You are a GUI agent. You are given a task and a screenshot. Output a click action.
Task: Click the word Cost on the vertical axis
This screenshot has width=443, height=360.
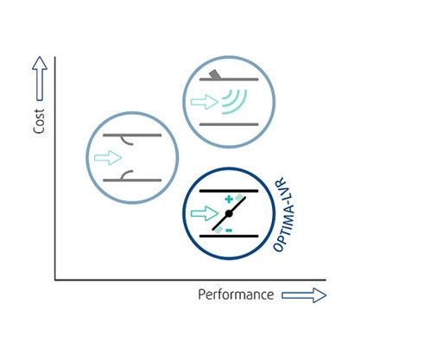(x=39, y=121)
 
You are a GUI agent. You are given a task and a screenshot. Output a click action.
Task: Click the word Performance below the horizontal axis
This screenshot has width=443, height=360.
(x=236, y=295)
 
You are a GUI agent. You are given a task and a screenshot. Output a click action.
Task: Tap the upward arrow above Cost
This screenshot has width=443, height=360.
(x=40, y=79)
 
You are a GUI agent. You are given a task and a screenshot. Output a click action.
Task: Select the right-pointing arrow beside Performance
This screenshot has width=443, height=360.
(x=304, y=295)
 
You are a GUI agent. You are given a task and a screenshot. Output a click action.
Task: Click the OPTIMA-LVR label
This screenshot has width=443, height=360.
(x=284, y=215)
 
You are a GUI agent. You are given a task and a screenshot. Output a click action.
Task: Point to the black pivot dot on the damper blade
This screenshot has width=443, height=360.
(x=229, y=213)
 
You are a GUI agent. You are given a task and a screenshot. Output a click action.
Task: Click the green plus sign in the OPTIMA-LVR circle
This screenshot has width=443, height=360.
(x=229, y=199)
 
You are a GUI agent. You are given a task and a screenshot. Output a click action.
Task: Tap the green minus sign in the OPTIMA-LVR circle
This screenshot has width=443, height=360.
(x=229, y=231)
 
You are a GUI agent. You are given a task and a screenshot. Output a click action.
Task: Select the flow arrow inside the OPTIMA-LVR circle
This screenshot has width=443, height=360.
(x=205, y=213)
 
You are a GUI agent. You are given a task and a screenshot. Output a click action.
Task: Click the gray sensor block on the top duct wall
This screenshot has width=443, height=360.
(x=215, y=74)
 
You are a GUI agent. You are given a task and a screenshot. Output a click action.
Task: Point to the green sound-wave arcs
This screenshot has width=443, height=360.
(x=235, y=101)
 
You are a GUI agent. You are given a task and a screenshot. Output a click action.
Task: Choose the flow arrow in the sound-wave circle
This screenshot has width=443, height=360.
(x=205, y=102)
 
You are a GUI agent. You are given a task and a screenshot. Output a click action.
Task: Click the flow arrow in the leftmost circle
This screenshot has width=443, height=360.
(x=108, y=158)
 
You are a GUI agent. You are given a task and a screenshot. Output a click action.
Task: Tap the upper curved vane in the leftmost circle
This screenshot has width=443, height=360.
(x=125, y=141)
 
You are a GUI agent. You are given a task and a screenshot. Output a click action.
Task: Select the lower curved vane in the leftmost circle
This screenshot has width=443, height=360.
(x=125, y=174)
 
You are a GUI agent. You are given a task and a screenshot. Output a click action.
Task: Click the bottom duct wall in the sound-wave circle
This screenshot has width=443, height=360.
(x=229, y=124)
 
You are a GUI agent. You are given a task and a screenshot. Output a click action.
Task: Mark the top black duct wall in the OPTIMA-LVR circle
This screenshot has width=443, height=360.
(x=229, y=191)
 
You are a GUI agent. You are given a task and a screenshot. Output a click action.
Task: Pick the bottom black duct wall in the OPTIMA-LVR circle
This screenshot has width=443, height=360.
(x=229, y=237)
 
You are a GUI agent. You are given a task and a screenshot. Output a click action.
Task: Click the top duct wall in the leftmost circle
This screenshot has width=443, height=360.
(x=132, y=135)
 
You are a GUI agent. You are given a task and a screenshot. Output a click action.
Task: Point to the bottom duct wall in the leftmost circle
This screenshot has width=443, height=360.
(x=132, y=180)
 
